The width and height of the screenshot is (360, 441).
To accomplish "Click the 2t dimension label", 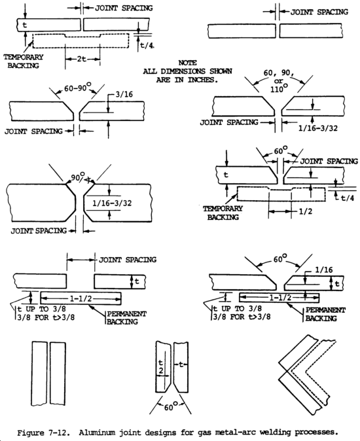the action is [82, 59].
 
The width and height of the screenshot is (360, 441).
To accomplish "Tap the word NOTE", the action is [188, 63].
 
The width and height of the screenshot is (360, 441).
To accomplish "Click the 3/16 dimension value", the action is [124, 94].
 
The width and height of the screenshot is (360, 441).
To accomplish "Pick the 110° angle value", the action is [279, 88].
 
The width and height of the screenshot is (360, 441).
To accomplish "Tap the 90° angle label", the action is [78, 178].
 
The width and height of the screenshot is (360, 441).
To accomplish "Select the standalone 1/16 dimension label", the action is [324, 270].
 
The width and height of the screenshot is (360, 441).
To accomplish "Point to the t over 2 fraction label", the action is [160, 367].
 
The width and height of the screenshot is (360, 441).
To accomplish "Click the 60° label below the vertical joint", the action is [171, 406].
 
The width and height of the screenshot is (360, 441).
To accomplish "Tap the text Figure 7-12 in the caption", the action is [44, 432].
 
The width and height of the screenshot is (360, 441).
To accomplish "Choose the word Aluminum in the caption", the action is [97, 432].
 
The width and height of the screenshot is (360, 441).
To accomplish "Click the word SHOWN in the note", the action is [221, 71].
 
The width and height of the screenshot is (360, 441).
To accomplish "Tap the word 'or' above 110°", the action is [278, 81].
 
